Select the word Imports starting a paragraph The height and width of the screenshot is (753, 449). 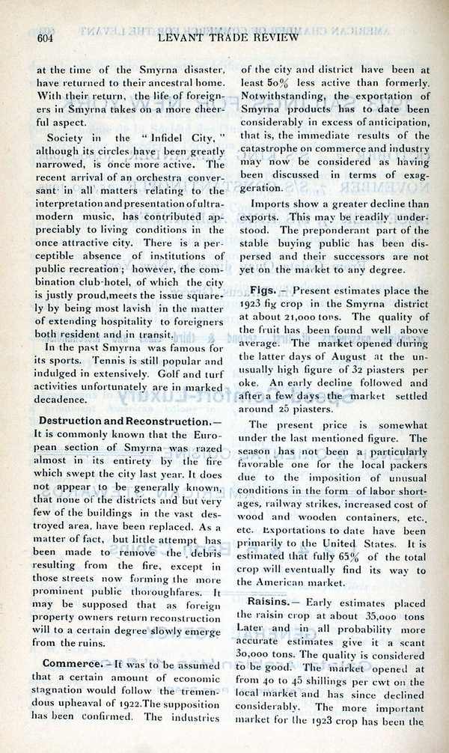click(x=272, y=203)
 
